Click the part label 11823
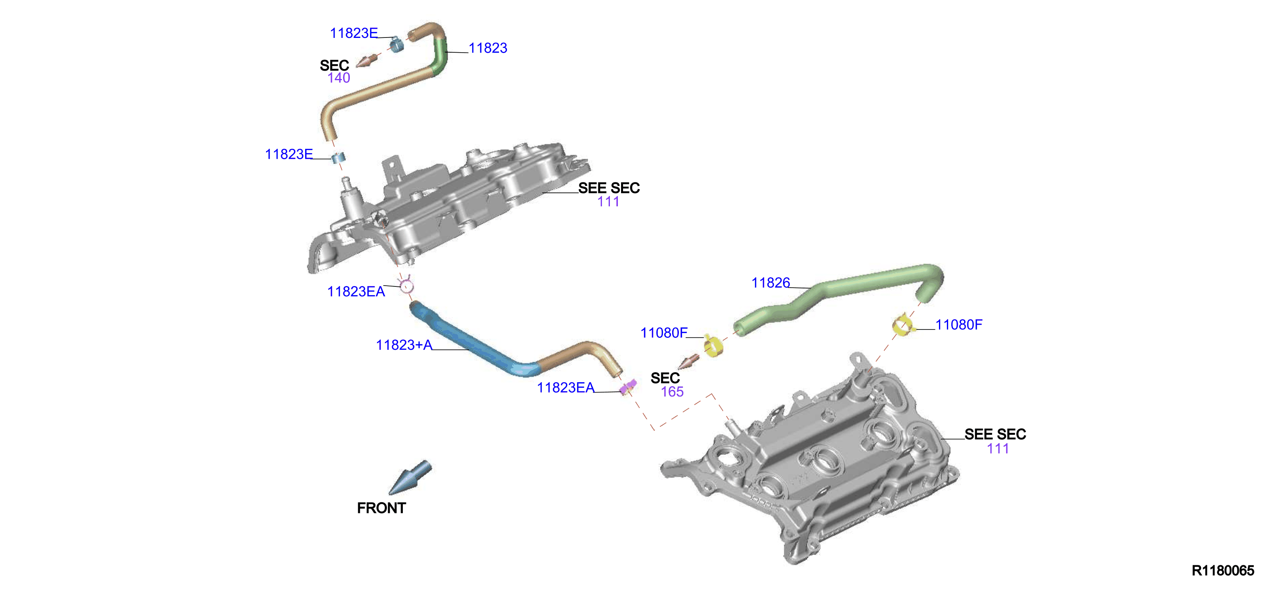488,48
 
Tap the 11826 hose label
770,283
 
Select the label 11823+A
404,345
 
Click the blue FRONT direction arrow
410,477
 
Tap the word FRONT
381,508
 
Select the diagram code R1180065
1223,570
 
